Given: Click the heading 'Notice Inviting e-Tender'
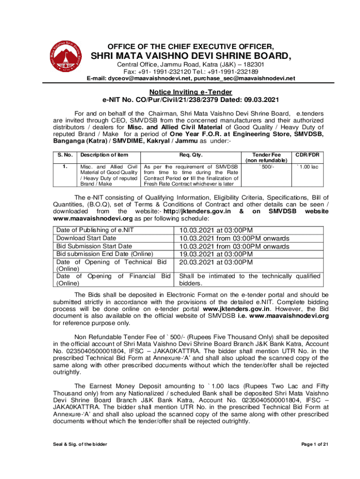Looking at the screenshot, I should (x=191, y=92).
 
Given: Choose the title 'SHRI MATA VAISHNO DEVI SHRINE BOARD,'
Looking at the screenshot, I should (x=191, y=57).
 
